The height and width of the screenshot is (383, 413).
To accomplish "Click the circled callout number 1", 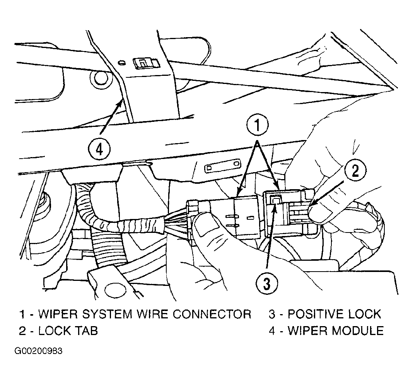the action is pos(257,125).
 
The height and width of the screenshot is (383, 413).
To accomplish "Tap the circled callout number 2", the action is pos(355,171).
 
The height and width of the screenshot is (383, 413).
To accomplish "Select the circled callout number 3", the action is pos(267,284).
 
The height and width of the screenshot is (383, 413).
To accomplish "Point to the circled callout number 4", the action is pos(99,150).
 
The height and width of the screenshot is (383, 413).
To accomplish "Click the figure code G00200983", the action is pos(38,351).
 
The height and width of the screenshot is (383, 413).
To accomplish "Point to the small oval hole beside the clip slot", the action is pos(121,62).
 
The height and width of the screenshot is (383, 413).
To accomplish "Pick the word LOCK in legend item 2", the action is pos(53,330).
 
